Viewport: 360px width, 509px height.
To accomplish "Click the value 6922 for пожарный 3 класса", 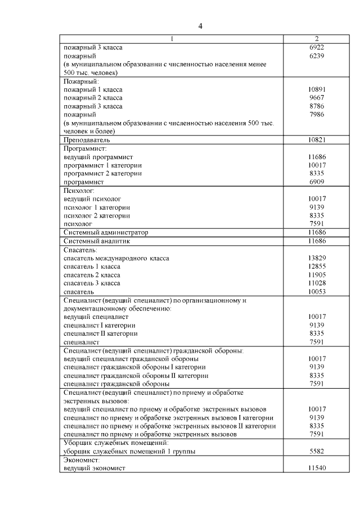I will pyautogui.click(x=317, y=48).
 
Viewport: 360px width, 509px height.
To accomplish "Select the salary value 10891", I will pyautogui.click(x=317, y=89).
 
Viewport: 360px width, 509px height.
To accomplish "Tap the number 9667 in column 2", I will pyautogui.click(x=317, y=98).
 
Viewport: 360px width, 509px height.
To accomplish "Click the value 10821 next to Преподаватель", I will pyautogui.click(x=317, y=139).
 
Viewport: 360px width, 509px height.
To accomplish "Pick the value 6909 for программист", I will pyautogui.click(x=317, y=182).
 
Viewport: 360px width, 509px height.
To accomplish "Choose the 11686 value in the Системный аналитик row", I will pyautogui.click(x=317, y=241).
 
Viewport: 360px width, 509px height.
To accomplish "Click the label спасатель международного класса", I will pyautogui.click(x=116, y=258).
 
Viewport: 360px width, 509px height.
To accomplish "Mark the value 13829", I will pyautogui.click(x=317, y=258).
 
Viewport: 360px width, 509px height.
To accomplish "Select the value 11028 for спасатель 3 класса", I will pyautogui.click(x=317, y=283).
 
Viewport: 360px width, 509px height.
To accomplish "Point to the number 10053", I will pyautogui.click(x=317, y=292).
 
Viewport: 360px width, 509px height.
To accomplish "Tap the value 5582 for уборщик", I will pyautogui.click(x=317, y=452).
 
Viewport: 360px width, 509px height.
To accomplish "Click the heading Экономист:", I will pyautogui.click(x=81, y=460).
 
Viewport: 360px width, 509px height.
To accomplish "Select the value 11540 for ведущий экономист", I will pyautogui.click(x=317, y=468).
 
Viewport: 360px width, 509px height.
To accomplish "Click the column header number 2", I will pyautogui.click(x=317, y=39).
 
